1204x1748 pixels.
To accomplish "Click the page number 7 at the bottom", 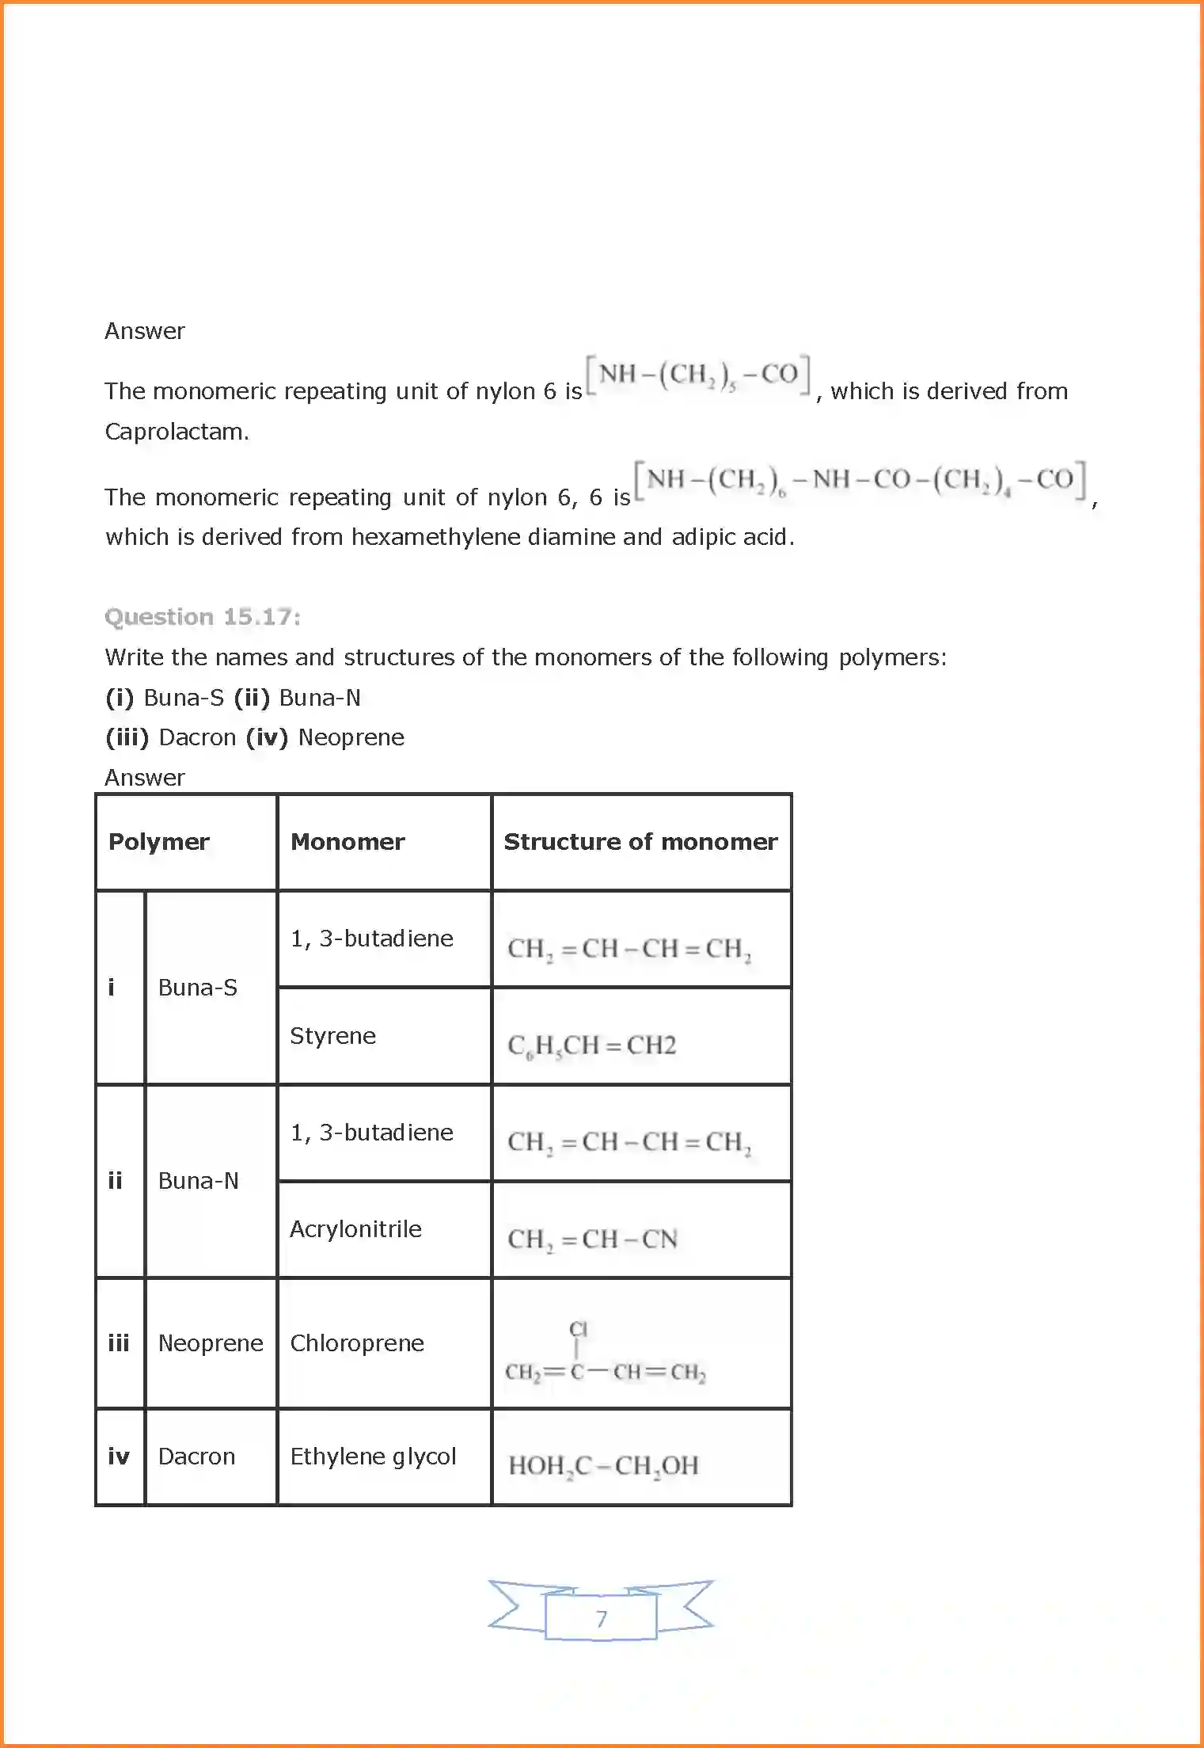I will [602, 1618].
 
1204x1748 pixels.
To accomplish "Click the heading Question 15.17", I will [202, 617].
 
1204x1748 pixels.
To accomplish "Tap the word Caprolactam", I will [177, 432].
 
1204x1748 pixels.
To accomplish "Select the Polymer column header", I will [158, 841].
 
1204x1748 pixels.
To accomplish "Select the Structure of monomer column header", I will [640, 841].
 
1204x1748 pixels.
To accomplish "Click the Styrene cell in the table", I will [332, 1036].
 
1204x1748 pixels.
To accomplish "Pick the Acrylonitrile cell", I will [355, 1229].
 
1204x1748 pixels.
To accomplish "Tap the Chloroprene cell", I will [357, 1343].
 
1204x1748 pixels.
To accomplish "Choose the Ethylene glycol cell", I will [373, 1457].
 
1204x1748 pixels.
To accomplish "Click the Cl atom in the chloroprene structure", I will [579, 1328].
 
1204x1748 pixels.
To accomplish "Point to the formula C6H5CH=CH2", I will [591, 1045].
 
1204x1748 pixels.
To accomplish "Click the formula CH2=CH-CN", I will [592, 1240].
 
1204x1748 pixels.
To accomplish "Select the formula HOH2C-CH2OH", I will [603, 1466].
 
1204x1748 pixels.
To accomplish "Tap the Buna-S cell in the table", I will [198, 988].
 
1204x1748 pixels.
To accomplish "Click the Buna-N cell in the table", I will [198, 1181].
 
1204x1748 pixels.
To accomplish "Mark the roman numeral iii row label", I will [119, 1343].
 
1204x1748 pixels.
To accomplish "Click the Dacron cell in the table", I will [196, 1457].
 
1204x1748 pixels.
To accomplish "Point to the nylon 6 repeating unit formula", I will [698, 375].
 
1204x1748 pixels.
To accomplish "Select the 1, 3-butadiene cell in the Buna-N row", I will [371, 1133].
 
